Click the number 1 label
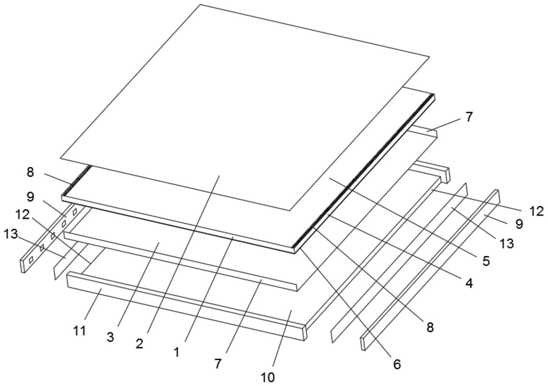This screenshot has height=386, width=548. point(176,353)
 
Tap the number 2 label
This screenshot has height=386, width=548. point(139,344)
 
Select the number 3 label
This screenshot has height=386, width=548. point(110,338)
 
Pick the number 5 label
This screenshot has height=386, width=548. point(486,261)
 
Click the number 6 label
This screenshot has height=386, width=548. point(397,364)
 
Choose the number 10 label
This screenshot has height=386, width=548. point(268,377)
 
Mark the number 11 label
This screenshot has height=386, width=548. point(80,331)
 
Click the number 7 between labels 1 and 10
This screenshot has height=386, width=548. point(217,364)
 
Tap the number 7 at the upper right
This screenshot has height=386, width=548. point(469,117)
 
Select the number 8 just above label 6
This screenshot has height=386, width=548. point(430,327)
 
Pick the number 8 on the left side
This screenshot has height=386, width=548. point(30,173)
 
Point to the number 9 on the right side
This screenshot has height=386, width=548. point(519,224)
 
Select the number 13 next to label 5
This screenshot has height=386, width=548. point(507,244)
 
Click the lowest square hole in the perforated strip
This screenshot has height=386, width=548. point(31,260)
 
